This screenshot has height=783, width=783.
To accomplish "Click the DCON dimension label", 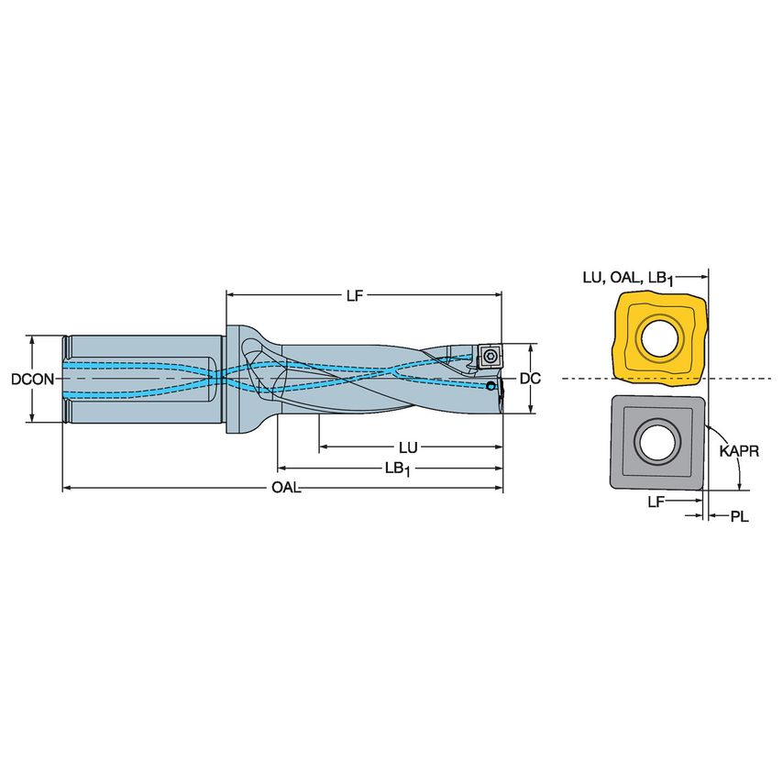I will pyautogui.click(x=30, y=379).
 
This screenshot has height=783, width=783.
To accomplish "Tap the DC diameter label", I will pyautogui.click(x=529, y=379).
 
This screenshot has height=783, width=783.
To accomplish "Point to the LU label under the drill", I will pyautogui.click(x=408, y=447).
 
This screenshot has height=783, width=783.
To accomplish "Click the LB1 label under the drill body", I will pyautogui.click(x=396, y=469).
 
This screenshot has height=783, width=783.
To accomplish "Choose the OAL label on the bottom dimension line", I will pyautogui.click(x=286, y=489).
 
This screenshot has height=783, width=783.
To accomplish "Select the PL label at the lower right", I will pyautogui.click(x=739, y=517).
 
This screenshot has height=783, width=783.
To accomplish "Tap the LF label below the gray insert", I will pyautogui.click(x=656, y=502).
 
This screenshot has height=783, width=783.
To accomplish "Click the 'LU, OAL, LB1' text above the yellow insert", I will pyautogui.click(x=634, y=278).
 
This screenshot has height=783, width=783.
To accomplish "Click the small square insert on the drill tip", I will pyautogui.click(x=489, y=356).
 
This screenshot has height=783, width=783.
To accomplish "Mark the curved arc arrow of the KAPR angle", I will pyautogui.click(x=734, y=463).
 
